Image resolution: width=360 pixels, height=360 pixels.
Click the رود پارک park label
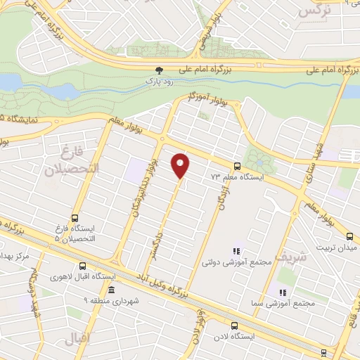[x=160, y=82]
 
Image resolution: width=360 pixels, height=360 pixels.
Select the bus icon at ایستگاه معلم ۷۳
[x=236, y=167]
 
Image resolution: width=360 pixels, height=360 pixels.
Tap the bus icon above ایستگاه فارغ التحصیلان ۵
[x=75, y=217]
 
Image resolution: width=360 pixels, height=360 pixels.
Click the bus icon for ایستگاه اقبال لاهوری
[x=83, y=266]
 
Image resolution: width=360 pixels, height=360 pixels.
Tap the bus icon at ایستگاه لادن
[x=235, y=326]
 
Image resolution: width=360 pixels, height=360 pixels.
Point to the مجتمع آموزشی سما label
[x=283, y=304]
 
